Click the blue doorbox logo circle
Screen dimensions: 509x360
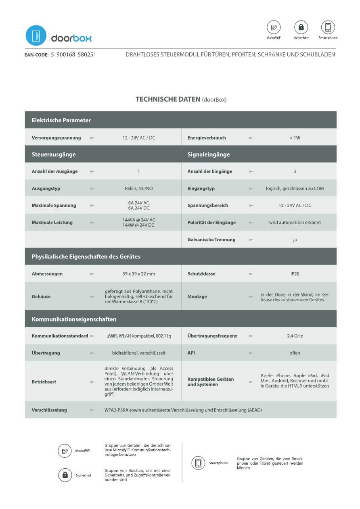click(x=36, y=35)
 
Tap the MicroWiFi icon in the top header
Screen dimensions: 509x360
click(x=274, y=27)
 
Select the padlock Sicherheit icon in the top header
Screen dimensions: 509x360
click(x=301, y=27)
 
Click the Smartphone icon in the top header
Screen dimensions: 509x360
click(x=328, y=27)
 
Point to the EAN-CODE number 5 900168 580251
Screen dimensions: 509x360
click(x=73, y=54)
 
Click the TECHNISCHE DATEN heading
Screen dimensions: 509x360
click(x=168, y=99)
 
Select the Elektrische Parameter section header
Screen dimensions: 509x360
click(x=61, y=120)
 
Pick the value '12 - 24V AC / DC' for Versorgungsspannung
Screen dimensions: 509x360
click(x=139, y=138)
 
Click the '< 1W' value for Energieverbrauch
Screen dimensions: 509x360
click(x=295, y=138)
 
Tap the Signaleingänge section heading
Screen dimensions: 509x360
click(x=209, y=154)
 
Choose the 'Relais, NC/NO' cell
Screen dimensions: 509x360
click(x=139, y=188)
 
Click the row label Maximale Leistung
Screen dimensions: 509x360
click(x=52, y=223)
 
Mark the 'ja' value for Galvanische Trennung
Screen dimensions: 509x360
click(x=295, y=240)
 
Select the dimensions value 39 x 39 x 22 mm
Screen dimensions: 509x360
click(x=139, y=274)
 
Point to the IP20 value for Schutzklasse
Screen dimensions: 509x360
click(x=295, y=274)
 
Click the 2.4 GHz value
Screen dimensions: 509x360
click(x=295, y=336)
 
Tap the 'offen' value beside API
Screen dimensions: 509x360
click(x=295, y=353)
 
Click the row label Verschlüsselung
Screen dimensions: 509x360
click(x=49, y=410)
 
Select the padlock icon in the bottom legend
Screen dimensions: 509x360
click(x=65, y=475)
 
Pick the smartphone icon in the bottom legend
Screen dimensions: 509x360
click(x=198, y=463)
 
